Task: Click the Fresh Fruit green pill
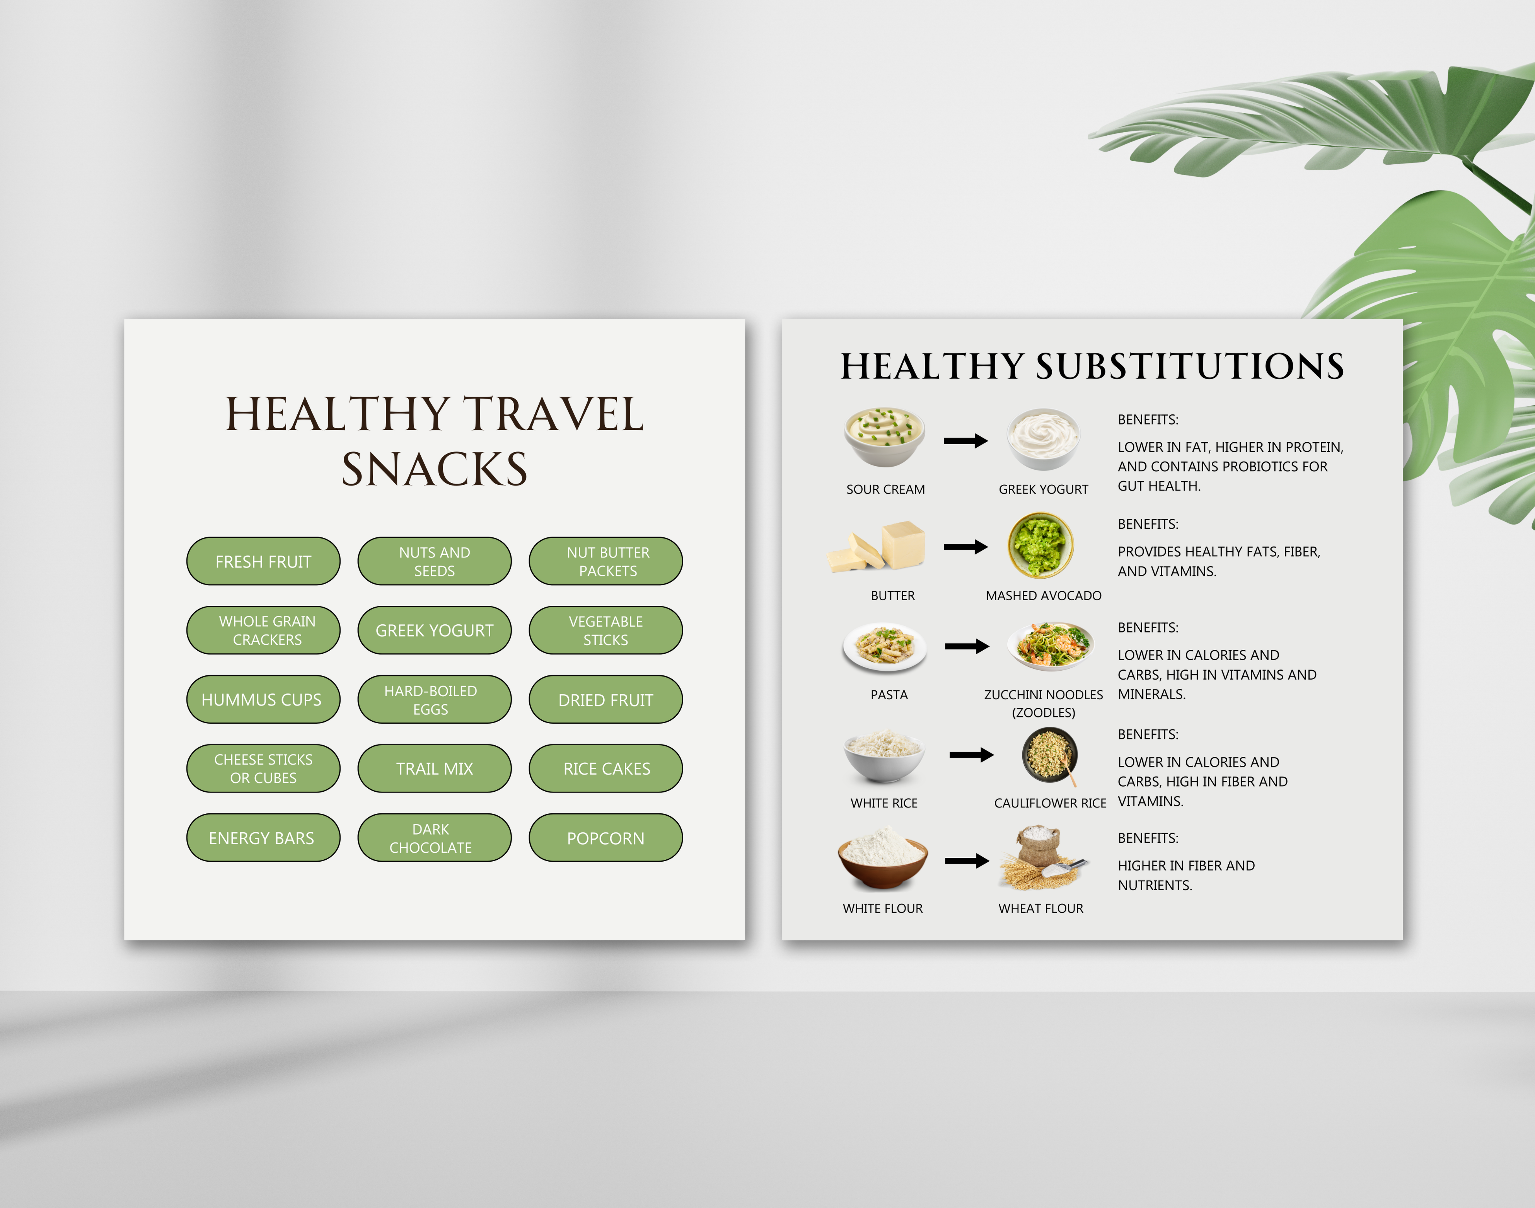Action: pyautogui.click(x=263, y=561)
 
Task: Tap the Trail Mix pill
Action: pyautogui.click(x=434, y=768)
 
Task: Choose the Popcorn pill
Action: pyautogui.click(x=605, y=837)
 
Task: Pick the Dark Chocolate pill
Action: pyautogui.click(x=434, y=837)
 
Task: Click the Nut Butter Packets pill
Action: pyautogui.click(x=605, y=561)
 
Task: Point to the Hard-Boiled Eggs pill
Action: pyautogui.click(x=434, y=699)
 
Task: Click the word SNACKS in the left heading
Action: pyautogui.click(x=434, y=469)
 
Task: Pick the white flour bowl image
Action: pyautogui.click(x=883, y=859)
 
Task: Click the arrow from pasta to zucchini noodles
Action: pyautogui.click(x=967, y=646)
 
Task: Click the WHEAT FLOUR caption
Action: pyautogui.click(x=1040, y=908)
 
